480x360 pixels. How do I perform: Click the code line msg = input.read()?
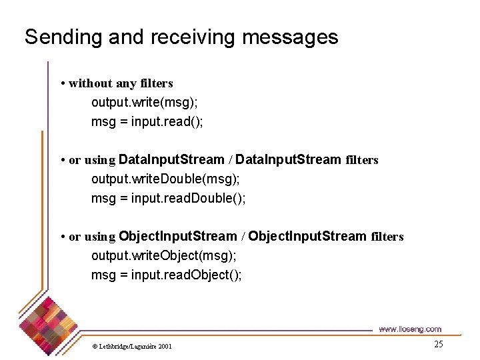[x=147, y=122]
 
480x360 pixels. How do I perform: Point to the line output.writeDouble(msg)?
[x=165, y=179]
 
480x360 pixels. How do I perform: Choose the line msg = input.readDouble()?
[x=169, y=199]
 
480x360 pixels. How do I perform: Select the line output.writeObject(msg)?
[x=164, y=255]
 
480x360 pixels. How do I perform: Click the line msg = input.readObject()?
[x=167, y=275]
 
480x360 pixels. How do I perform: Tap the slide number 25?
[x=438, y=344]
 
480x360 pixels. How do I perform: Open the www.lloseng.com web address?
[x=409, y=329]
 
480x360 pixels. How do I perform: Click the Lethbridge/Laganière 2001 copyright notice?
[x=131, y=346]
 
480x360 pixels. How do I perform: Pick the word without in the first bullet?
[x=91, y=83]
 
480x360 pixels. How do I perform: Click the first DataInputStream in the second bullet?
[x=171, y=160]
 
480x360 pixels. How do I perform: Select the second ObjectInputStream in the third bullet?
[x=307, y=236]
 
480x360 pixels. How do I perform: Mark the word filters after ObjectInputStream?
[x=387, y=237]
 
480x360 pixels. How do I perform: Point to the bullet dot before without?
[x=62, y=84]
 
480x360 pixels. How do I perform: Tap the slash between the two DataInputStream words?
[x=230, y=160]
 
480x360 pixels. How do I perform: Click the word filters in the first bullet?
[x=157, y=83]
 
